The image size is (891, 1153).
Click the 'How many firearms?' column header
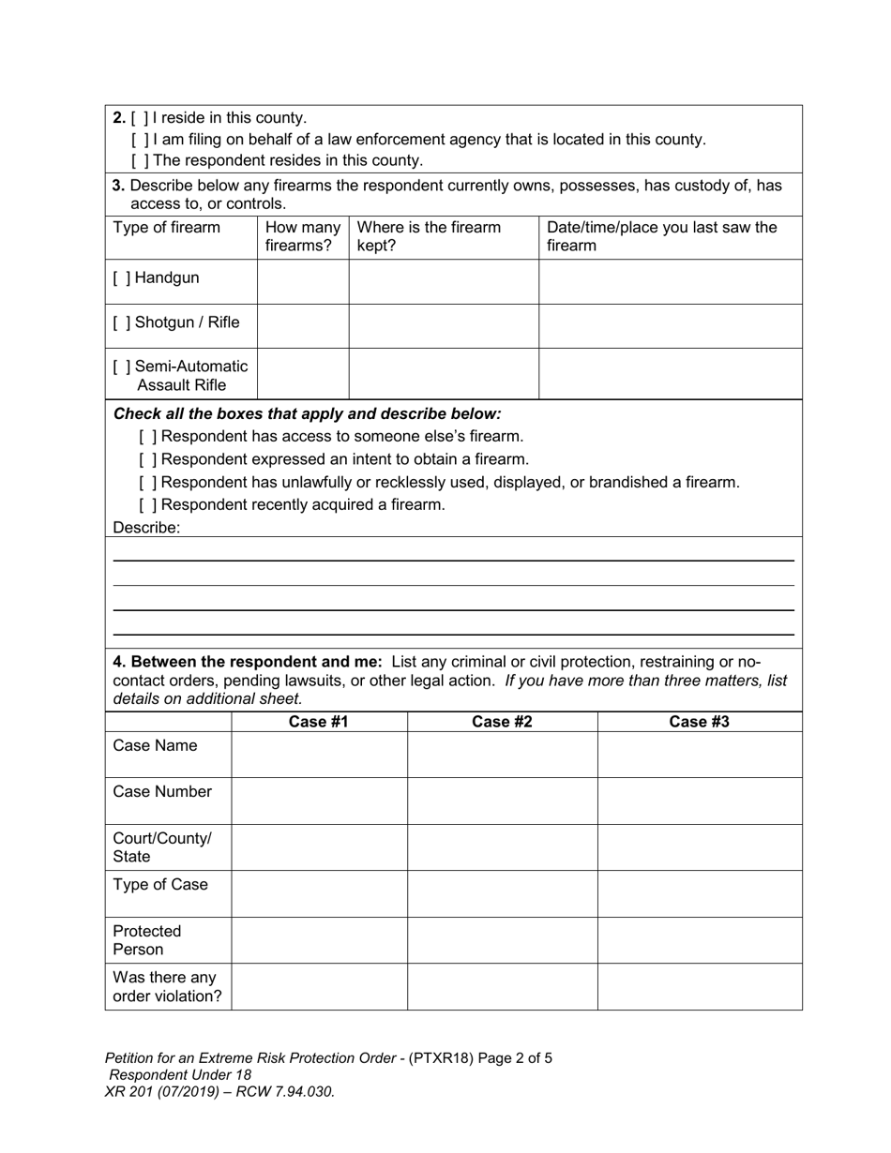[302, 236]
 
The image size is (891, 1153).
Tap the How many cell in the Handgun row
[302, 280]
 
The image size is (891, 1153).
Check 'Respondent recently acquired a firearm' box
[147, 505]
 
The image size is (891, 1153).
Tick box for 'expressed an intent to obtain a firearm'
[147, 459]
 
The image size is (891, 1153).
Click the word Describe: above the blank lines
[146, 528]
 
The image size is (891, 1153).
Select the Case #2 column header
[502, 722]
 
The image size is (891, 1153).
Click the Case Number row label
[162, 792]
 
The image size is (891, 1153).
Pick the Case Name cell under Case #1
[319, 754]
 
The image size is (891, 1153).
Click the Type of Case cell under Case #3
[699, 892]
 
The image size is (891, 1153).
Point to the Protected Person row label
[147, 940]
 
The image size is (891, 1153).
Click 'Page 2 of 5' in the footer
[515, 1058]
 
